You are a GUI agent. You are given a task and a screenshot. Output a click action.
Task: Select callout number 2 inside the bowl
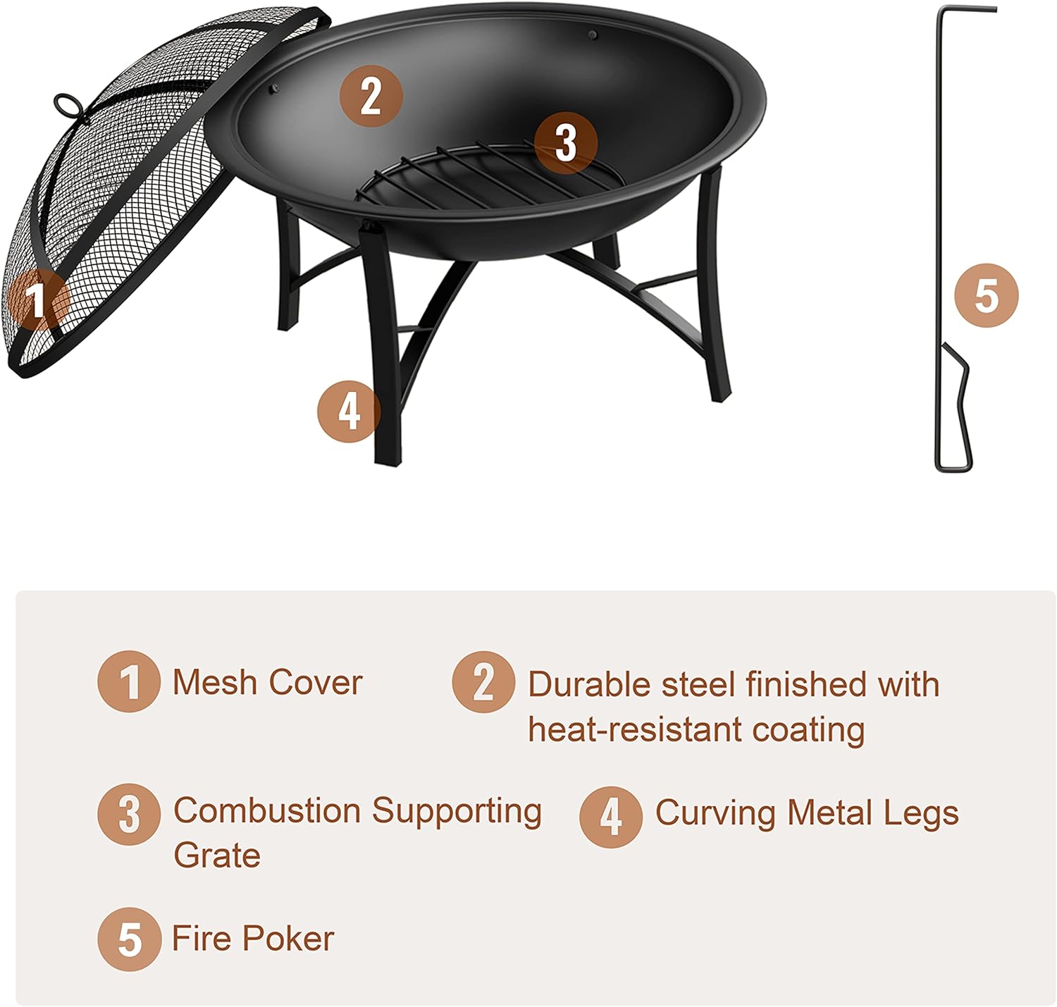point(371,96)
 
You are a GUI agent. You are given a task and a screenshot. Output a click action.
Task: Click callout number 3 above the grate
point(565,143)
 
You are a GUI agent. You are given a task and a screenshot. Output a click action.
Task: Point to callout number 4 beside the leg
point(349,411)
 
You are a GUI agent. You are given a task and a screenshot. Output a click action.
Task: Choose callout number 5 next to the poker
point(986,295)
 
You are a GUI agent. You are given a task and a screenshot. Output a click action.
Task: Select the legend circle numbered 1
point(128,681)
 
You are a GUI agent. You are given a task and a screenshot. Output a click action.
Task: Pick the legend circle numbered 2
point(483,681)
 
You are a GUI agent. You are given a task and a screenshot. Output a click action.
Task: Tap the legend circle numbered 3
point(128,814)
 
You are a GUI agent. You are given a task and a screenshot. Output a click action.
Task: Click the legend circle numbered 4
point(610,817)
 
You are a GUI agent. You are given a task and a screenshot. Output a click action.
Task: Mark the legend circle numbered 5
point(128,939)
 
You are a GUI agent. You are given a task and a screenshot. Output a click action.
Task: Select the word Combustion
point(268,810)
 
